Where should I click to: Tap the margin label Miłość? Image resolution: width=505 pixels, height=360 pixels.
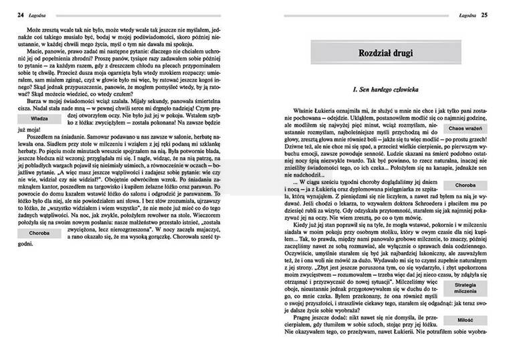click(466, 320)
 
